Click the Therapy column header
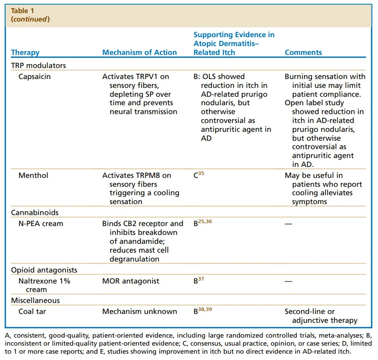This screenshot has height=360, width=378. [x=25, y=53]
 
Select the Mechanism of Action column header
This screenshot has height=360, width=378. [x=140, y=53]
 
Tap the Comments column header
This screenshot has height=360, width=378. [x=303, y=53]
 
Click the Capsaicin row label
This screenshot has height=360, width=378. [x=35, y=77]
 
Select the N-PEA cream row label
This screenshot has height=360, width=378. [x=41, y=224]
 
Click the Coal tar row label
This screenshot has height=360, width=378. [x=33, y=311]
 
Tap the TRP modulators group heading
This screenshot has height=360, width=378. [x=38, y=65]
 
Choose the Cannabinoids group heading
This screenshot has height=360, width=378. [x=35, y=213]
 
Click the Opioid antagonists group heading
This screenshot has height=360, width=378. [x=44, y=270]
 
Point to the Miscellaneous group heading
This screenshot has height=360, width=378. [x=36, y=300]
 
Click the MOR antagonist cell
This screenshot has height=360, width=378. [x=131, y=281]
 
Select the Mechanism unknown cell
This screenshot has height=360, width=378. [x=140, y=311]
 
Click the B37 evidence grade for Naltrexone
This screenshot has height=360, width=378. [x=199, y=281]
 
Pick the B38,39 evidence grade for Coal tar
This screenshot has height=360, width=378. [x=203, y=311]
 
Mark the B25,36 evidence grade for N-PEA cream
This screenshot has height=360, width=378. [x=203, y=223]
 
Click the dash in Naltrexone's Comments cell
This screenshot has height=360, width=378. [x=288, y=281]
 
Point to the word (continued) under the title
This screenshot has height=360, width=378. [x=30, y=19]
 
